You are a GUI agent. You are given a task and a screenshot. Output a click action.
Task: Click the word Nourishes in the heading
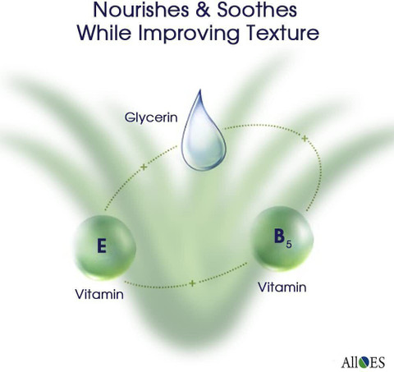coord(141,9)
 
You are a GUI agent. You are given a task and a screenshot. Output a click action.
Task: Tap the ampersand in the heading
coord(203,10)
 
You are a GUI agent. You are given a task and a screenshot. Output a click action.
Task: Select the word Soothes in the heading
coord(257,9)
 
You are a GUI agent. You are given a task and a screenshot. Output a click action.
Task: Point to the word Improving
coord(189,34)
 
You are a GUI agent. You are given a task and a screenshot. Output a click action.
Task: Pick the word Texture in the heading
coord(282,33)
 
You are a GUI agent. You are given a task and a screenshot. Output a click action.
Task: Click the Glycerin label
coord(151,117)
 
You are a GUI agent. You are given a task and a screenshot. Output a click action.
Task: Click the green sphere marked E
coord(105,248)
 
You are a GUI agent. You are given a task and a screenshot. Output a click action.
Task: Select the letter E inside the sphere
coord(102,246)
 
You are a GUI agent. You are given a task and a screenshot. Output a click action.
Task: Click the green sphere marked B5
coord(282,239)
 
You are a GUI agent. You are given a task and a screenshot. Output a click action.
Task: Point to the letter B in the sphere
coord(279,236)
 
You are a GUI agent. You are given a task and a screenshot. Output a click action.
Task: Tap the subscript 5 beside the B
coord(289,245)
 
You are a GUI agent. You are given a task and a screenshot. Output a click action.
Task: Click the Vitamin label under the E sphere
coord(99,295)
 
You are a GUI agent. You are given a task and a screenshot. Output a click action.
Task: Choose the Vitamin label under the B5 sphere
coord(282,287)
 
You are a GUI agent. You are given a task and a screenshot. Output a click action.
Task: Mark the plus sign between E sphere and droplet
coord(144,167)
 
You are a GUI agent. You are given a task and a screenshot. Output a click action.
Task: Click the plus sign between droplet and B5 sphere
coord(305,139)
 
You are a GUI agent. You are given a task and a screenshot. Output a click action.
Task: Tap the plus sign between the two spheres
coord(192,283)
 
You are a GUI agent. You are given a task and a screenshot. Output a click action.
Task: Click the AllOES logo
coord(363,362)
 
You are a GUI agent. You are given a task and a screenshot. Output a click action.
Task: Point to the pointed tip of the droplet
coord(200,90)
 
